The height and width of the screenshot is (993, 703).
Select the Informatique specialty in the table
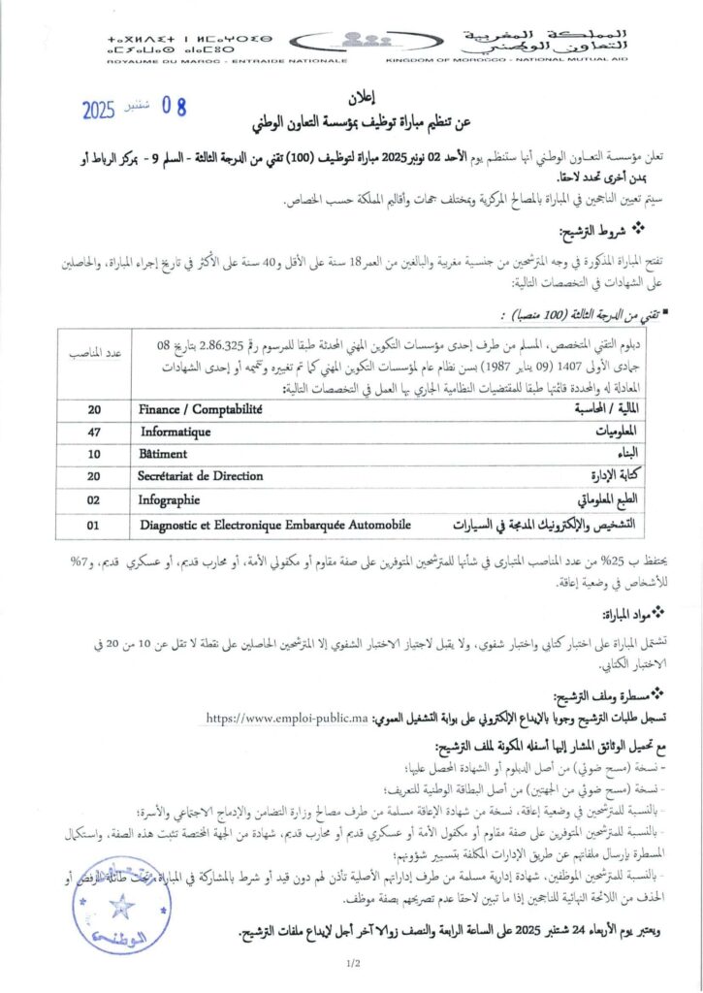[176, 432]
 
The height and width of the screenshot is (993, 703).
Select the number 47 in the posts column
[93, 432]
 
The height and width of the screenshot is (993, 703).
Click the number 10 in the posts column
[93, 454]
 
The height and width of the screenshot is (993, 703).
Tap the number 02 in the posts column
[93, 501]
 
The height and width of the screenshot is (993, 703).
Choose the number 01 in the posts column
[93, 525]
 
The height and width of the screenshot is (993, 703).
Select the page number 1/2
[351, 963]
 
